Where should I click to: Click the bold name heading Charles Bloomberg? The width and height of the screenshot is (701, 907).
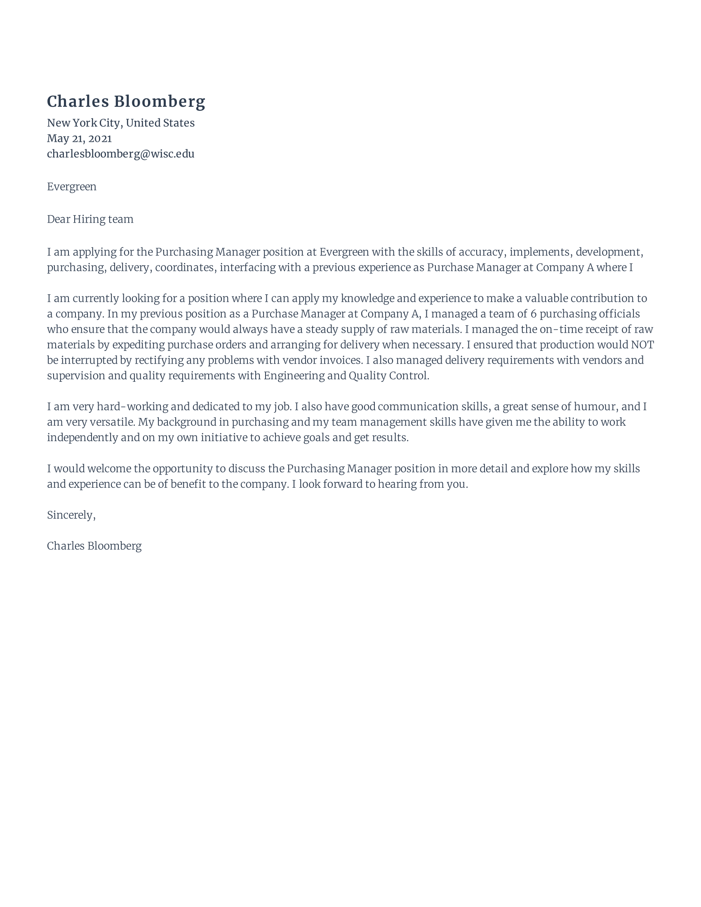[126, 101]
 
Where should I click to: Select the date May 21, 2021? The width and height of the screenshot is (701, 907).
[79, 138]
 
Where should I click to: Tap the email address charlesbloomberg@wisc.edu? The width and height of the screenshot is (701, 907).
[120, 154]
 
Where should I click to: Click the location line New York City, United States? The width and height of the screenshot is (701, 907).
[120, 123]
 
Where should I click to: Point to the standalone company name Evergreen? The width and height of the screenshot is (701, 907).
[71, 186]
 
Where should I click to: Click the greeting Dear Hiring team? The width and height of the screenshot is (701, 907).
[90, 219]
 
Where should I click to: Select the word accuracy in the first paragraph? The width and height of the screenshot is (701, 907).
[480, 252]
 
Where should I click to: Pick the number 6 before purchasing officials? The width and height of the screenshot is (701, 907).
[534, 314]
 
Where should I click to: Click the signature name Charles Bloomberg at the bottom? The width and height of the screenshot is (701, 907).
[94, 546]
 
